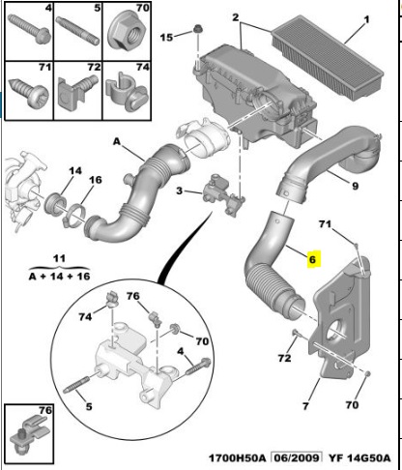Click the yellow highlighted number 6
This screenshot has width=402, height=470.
pos(312,259)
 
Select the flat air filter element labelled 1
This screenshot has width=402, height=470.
pos(328,57)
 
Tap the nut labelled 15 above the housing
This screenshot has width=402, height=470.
pos(198,30)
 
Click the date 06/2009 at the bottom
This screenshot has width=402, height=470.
pos(297,457)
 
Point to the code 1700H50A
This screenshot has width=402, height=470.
pos(238,457)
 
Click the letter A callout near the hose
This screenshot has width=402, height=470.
pos(117,141)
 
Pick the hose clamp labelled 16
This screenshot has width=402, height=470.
pos(75,216)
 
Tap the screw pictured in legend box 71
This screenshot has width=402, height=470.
pos(30,92)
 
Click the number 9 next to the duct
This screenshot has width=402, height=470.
pos(355,186)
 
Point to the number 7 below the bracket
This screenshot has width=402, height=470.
pos(305,406)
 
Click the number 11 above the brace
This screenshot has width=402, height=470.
pos(59,258)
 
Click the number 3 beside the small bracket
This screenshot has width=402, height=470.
pos(179,191)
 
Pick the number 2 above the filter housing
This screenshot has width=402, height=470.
pos(236,17)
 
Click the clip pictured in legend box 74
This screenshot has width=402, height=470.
pos(128,92)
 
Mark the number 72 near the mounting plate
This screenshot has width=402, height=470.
pos(284,358)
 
